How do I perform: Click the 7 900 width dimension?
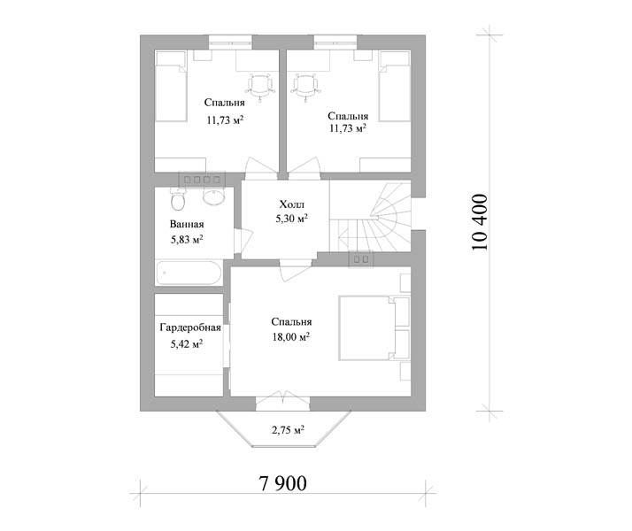(x=283, y=483)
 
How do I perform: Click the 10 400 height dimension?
(x=480, y=222)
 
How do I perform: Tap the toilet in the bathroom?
(x=178, y=199)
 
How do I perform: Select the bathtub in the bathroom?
(x=189, y=273)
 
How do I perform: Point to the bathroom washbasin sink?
(x=213, y=196)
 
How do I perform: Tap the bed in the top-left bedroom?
(x=171, y=86)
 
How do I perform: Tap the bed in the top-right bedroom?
(x=395, y=86)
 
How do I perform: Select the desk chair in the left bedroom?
(x=260, y=86)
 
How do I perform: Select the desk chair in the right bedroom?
(x=305, y=86)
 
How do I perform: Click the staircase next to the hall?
(x=370, y=217)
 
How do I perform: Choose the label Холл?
(x=292, y=204)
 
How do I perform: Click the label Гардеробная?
(x=190, y=327)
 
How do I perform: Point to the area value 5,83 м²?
(x=187, y=240)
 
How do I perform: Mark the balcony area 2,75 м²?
(x=288, y=430)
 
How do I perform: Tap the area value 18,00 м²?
(x=291, y=337)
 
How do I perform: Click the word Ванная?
(x=187, y=225)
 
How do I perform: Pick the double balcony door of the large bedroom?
(x=283, y=400)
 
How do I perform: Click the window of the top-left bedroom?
(x=230, y=42)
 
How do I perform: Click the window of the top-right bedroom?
(x=335, y=42)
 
